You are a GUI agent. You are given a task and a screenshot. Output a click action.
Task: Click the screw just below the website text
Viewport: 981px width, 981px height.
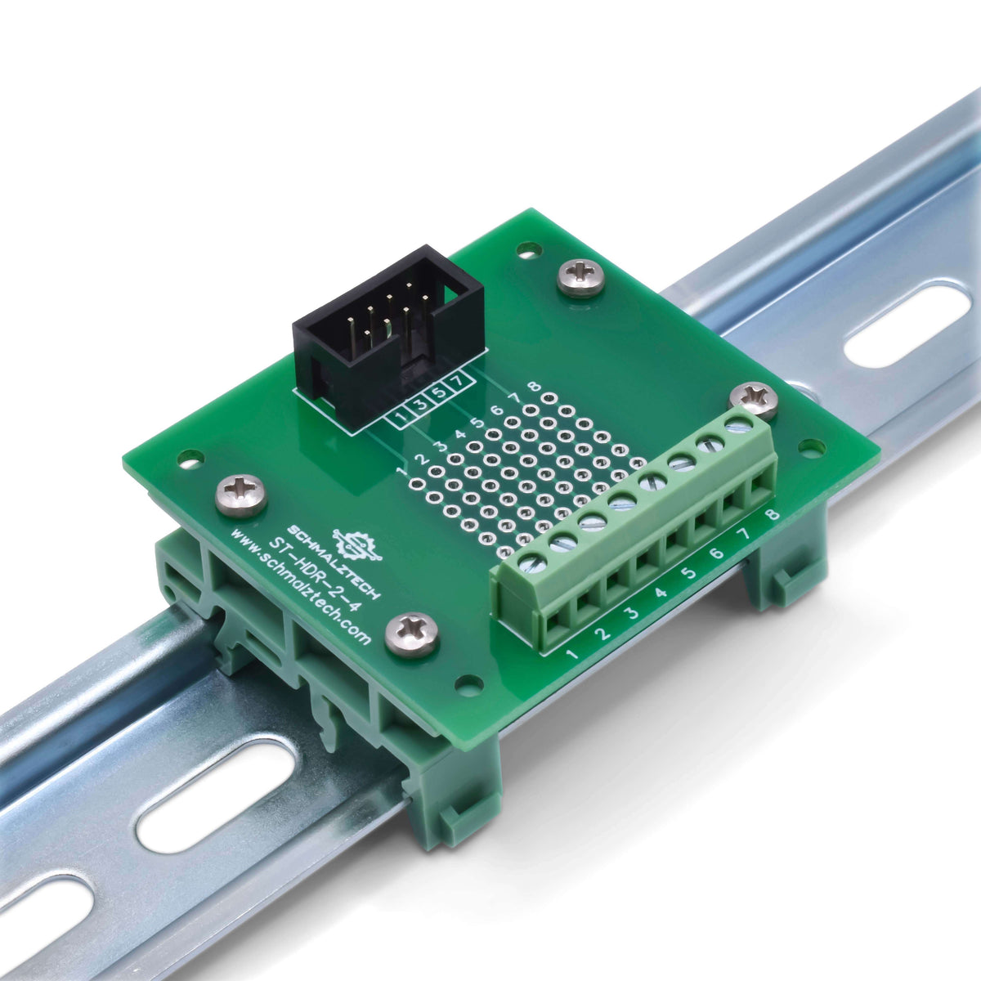click(x=411, y=634)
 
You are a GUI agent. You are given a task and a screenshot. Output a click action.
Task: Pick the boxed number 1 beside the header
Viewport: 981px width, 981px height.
click(x=401, y=419)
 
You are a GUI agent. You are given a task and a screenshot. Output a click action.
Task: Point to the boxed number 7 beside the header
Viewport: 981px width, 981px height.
click(x=458, y=381)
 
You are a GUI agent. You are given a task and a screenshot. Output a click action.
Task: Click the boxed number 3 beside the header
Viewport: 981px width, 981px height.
click(x=419, y=406)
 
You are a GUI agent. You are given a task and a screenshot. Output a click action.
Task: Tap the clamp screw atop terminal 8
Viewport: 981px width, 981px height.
click(x=738, y=423)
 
